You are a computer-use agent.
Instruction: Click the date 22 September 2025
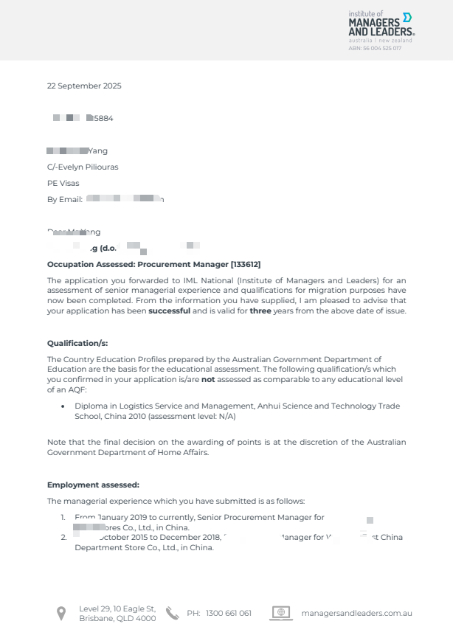[x=84, y=86]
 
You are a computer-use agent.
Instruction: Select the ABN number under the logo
[x=375, y=48]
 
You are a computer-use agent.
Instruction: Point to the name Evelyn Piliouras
[x=87, y=167]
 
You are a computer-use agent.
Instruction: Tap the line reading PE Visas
[x=63, y=183]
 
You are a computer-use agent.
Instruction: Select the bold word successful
[x=170, y=311]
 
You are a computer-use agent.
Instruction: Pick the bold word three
[x=260, y=311]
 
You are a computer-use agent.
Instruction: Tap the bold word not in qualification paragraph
[x=208, y=379]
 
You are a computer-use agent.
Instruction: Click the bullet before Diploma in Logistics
[x=63, y=406]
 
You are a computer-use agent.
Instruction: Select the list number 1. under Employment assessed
[x=63, y=518]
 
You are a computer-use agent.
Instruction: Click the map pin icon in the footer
[x=61, y=613]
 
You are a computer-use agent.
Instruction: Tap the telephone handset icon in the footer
[x=172, y=613]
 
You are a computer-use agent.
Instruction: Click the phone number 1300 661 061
[x=229, y=613]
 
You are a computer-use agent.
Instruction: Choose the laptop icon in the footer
[x=280, y=613]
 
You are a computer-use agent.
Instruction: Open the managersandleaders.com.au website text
[x=356, y=613]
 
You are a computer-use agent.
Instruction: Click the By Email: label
[x=65, y=199]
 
